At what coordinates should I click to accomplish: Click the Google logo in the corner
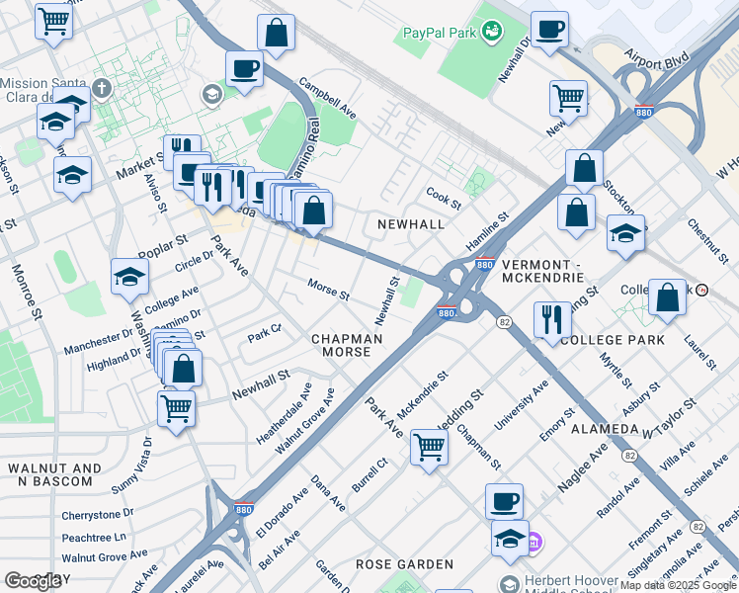pyautogui.click(x=33, y=580)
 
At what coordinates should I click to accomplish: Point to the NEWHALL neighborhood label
pyautogui.click(x=411, y=224)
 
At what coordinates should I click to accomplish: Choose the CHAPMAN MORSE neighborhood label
pyautogui.click(x=347, y=346)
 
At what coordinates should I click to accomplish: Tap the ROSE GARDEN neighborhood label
pyautogui.click(x=406, y=564)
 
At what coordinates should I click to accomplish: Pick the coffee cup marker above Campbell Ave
pyautogui.click(x=244, y=69)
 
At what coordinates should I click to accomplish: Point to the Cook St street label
pyautogui.click(x=444, y=199)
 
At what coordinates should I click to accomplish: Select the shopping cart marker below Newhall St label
pyautogui.click(x=176, y=407)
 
